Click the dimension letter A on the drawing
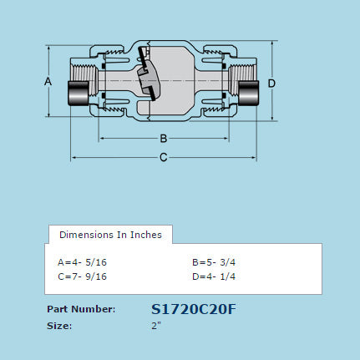click(x=48, y=81)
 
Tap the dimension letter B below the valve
click(x=164, y=138)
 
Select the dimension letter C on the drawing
click(x=164, y=157)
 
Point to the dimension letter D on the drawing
click(x=272, y=83)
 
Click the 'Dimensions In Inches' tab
click(x=110, y=234)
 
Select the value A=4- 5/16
click(x=82, y=261)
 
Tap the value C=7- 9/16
click(x=82, y=276)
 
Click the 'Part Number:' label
click(x=81, y=309)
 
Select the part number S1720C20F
click(x=194, y=309)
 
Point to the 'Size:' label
click(x=59, y=326)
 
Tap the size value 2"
click(x=156, y=326)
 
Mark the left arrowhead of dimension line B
click(x=102, y=138)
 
